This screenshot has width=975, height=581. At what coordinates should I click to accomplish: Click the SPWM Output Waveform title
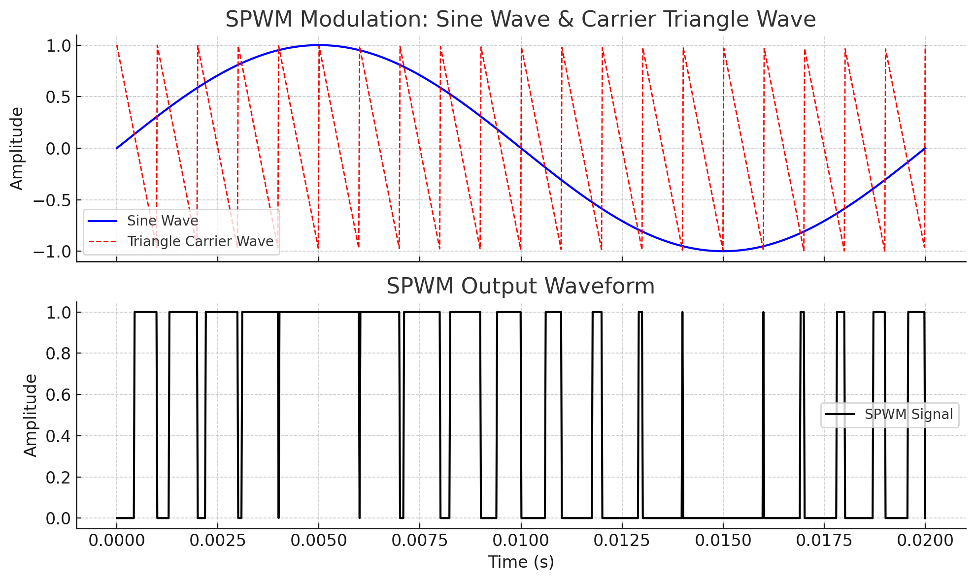tap(520, 286)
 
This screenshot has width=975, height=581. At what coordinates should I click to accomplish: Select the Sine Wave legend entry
tap(163, 221)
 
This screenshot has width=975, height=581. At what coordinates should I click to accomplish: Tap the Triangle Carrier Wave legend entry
tap(200, 241)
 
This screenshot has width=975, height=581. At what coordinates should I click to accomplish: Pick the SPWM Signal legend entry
tap(908, 414)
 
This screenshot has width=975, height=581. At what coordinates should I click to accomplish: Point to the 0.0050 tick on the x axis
tap(318, 540)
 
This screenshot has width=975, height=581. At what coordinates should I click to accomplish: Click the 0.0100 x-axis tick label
tap(521, 540)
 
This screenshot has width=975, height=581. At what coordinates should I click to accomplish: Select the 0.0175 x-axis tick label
tap(824, 540)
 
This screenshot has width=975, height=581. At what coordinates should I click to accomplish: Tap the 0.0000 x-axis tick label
tap(116, 540)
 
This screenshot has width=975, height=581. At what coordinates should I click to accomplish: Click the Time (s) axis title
tap(521, 562)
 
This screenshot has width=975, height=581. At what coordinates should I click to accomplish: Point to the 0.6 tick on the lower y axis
tap(58, 395)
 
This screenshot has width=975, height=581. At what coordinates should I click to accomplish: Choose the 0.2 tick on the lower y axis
tap(58, 478)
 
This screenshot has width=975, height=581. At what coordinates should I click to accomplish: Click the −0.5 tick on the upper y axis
tap(52, 200)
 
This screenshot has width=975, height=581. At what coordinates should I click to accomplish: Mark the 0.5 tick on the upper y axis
tap(58, 97)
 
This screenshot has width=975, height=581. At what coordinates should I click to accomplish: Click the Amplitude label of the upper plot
tap(17, 148)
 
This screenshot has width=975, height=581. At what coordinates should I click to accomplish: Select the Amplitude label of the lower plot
tap(31, 415)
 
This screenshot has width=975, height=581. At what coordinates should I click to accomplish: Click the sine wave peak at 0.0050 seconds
tap(319, 45)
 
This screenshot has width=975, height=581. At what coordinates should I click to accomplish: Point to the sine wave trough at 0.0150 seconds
tap(723, 251)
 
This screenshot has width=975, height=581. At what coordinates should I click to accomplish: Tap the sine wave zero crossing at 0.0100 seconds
tap(521, 148)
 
